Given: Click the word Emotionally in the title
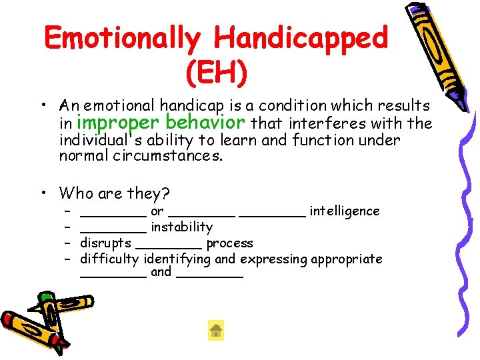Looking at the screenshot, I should [123, 38].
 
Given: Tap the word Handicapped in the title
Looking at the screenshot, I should [301, 38].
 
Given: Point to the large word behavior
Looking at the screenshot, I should [206, 123].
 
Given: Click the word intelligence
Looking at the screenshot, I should [345, 211].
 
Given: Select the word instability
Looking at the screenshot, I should [181, 227].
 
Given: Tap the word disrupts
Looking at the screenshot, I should [105, 243].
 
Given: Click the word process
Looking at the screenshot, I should [229, 243].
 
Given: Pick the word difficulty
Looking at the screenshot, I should [109, 259].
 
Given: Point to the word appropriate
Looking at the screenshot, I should [347, 259].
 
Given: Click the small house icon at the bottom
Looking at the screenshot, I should [216, 330].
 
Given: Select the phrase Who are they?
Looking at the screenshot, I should [114, 194].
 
